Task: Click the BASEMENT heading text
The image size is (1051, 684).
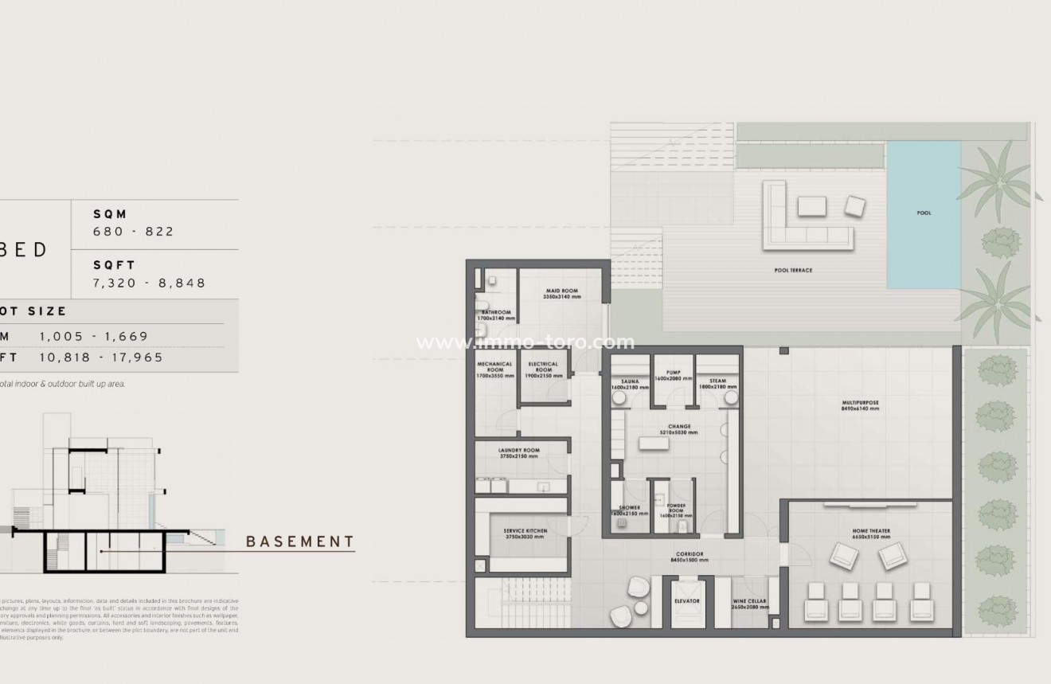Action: click(x=300, y=542)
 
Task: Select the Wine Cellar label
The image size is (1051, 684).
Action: click(x=750, y=604)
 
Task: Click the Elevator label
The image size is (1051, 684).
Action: click(x=686, y=601)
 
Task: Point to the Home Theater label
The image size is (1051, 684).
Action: click(x=870, y=530)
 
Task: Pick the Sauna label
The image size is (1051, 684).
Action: click(x=630, y=381)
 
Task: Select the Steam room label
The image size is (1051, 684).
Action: click(x=717, y=381)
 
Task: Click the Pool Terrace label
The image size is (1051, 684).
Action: click(x=793, y=270)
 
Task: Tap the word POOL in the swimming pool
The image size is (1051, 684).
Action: click(x=924, y=213)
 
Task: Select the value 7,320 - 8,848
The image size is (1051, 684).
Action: click(x=150, y=283)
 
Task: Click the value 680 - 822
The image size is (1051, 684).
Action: click(x=134, y=232)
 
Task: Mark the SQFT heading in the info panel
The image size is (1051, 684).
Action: click(x=115, y=265)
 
